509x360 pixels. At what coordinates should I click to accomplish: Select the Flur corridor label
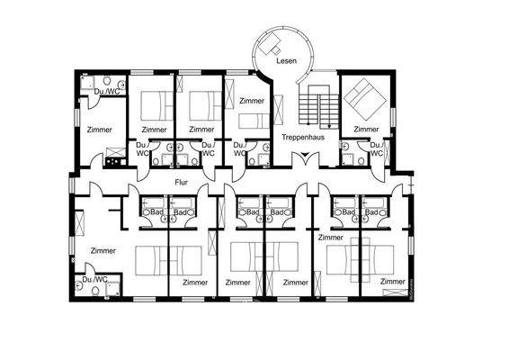pyautogui.click(x=181, y=181)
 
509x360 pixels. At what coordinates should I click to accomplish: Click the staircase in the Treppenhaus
pyautogui.click(x=315, y=108)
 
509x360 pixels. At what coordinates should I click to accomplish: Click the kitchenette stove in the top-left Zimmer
pyautogui.click(x=114, y=162)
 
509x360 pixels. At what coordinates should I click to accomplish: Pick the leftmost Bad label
pyautogui.click(x=156, y=212)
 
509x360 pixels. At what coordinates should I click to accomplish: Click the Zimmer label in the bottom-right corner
pyautogui.click(x=392, y=281)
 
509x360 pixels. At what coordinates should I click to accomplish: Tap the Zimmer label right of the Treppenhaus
pyautogui.click(x=365, y=130)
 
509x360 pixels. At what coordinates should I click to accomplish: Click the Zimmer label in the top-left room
pyautogui.click(x=99, y=130)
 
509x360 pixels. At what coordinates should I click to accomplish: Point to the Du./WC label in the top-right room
pyautogui.click(x=377, y=148)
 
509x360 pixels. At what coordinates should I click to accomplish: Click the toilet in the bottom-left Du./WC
pyautogui.click(x=82, y=289)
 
